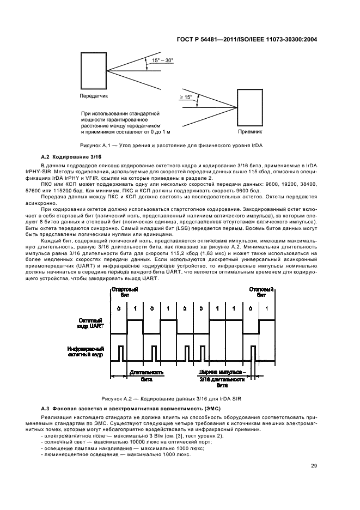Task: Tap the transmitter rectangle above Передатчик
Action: point(94,70)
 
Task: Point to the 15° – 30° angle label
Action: point(163,60)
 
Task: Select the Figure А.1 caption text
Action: point(180,147)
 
